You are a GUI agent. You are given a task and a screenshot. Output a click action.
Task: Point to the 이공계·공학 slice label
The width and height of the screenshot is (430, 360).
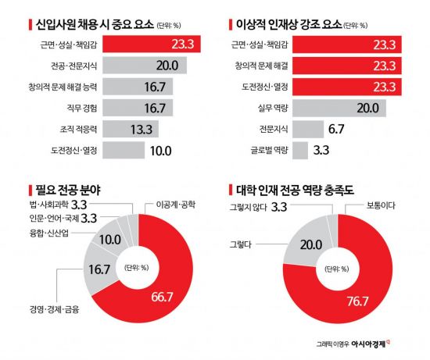pyautogui.click(x=178, y=204)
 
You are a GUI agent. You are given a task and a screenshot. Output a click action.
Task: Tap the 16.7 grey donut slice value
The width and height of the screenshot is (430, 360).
pyautogui.click(x=97, y=269)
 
